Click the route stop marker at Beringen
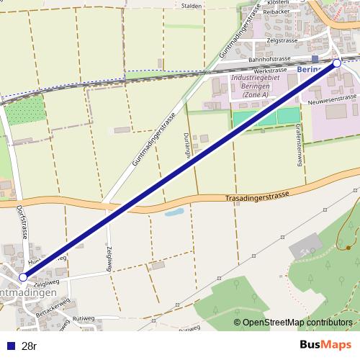click(337, 63)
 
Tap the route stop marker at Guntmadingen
click(22, 276)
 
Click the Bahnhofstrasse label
click(268, 59)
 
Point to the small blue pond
click(174, 212)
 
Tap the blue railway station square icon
click(315, 58)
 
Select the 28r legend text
click(30, 346)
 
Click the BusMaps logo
click(325, 345)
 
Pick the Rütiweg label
click(84, 317)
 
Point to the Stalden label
click(192, 5)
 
